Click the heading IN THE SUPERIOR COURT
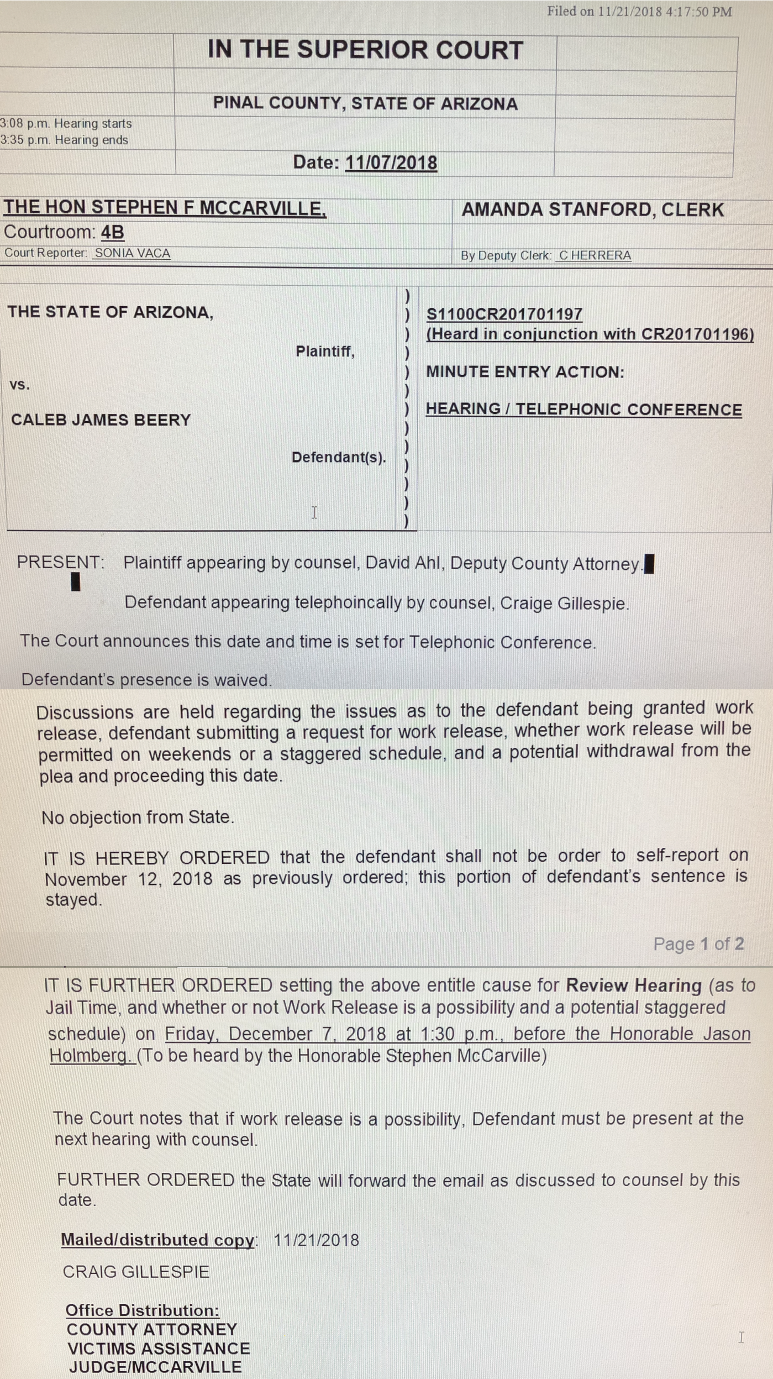pos(365,50)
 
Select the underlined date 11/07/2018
pos(391,162)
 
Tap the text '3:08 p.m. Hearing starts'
pos(66,123)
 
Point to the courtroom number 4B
pos(112,232)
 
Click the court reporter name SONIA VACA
pos(132,253)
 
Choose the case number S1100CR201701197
pos(504,314)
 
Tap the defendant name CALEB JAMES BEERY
pos(101,420)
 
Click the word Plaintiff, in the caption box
pos(325,352)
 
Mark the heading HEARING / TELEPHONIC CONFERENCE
pos(583,410)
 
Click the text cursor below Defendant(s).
pos(314,512)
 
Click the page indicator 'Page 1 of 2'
pos(698,943)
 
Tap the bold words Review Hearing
pos(633,985)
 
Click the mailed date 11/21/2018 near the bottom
pos(316,1240)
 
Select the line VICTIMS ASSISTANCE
pos(159,1349)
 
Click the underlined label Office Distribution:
pos(142,1310)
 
